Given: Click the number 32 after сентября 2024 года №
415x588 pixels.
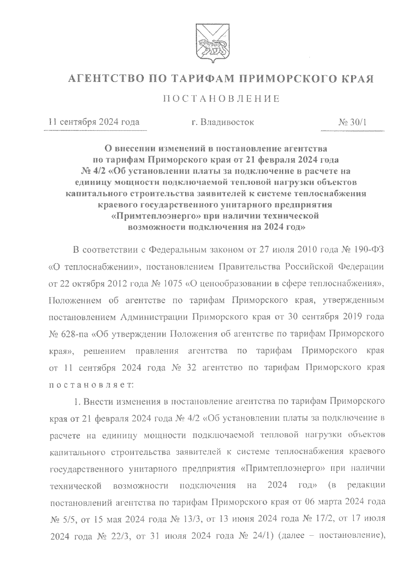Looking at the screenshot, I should point(191,368).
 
